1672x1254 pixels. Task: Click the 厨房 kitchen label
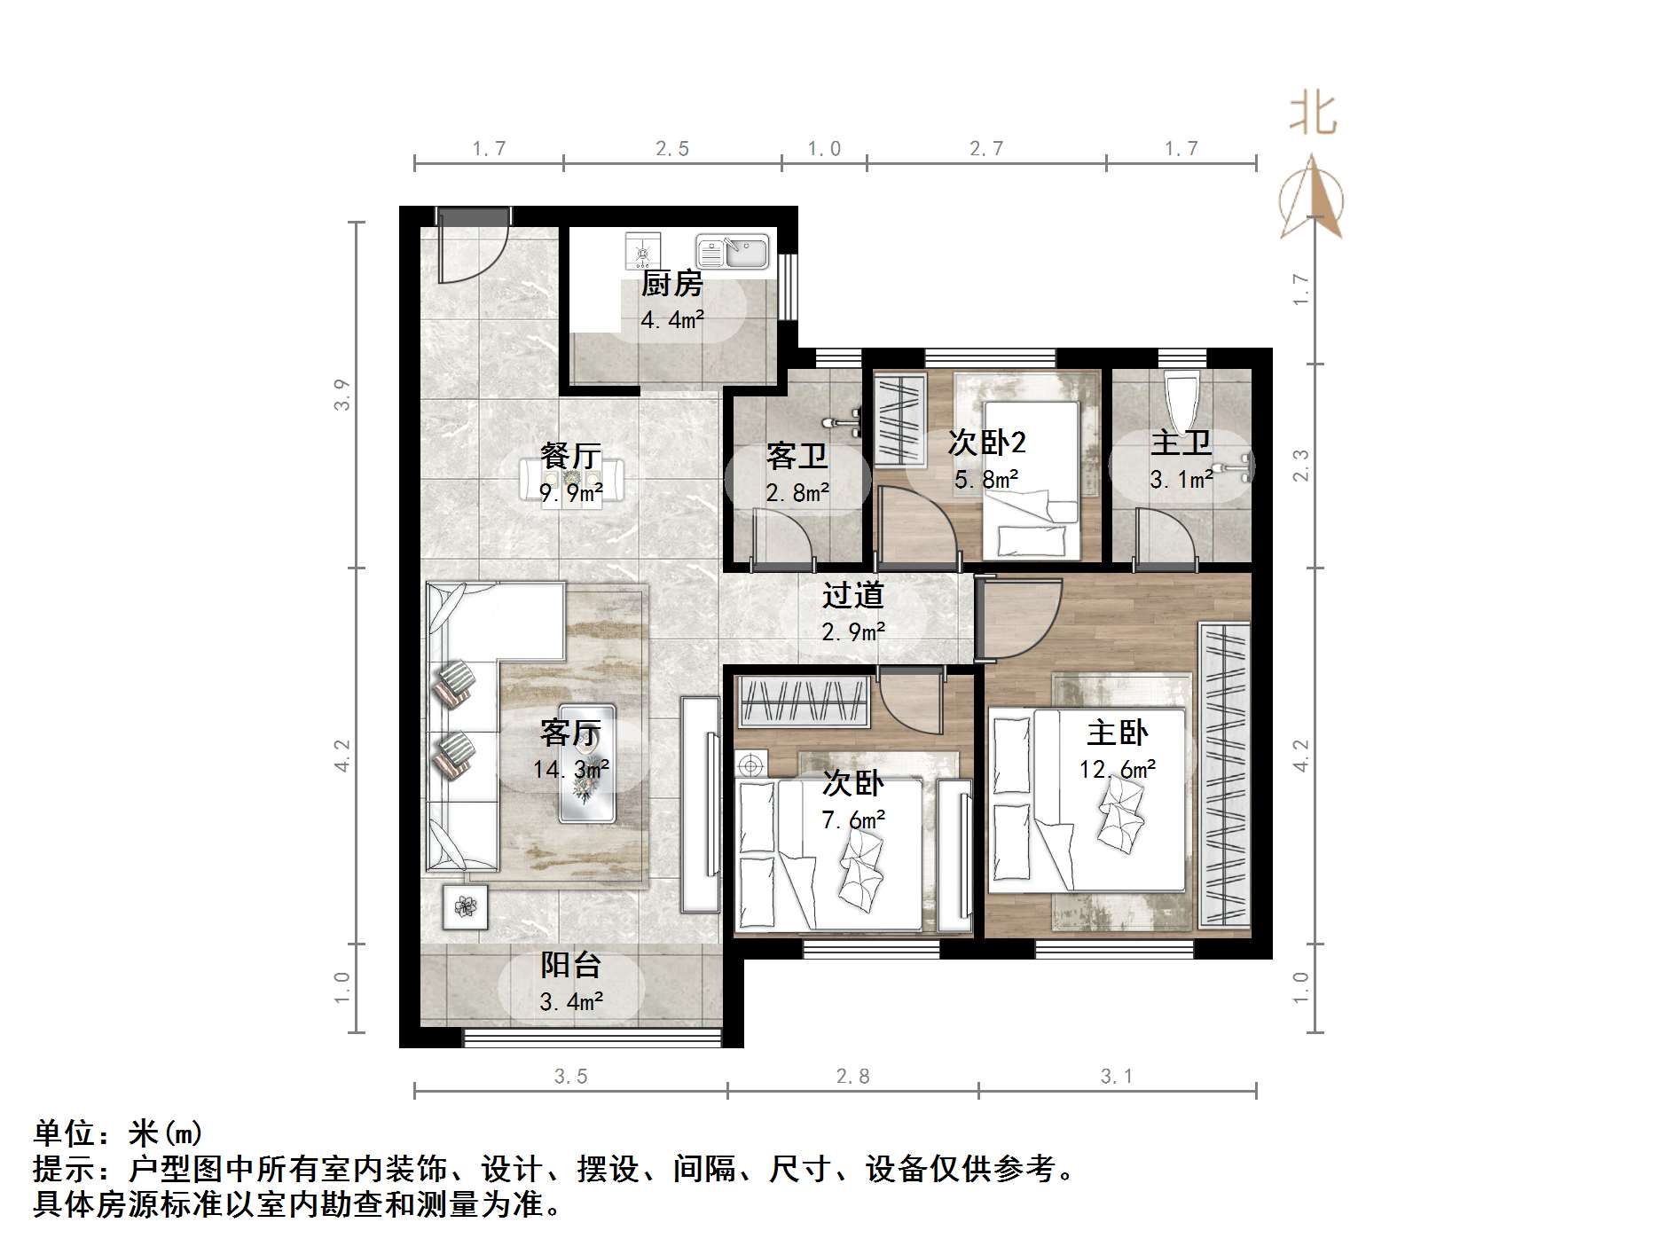tap(671, 284)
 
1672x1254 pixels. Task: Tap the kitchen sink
tap(732, 252)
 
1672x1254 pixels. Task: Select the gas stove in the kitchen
tap(642, 251)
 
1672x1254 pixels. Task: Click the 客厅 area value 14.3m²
tap(571, 768)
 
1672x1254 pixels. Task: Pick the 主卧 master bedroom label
tap(1117, 733)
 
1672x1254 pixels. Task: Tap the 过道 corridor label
tap(852, 594)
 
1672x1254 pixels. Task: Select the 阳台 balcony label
tap(571, 965)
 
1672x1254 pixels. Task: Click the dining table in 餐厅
tap(571, 482)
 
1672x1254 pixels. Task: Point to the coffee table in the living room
tap(585, 763)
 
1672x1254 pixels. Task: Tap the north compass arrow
tap(1312, 197)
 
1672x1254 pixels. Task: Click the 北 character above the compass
tap(1313, 115)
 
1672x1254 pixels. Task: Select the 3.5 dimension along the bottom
tap(571, 1076)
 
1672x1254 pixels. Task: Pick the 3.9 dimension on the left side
tap(342, 395)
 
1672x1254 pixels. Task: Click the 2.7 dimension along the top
tap(986, 148)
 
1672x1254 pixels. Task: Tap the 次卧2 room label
tap(986, 442)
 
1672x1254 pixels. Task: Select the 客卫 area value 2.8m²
tap(797, 492)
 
